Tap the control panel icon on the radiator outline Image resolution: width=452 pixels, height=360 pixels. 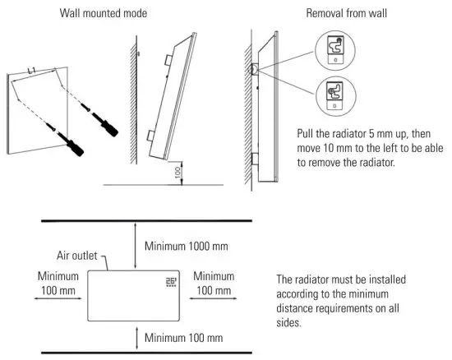tap(171, 282)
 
